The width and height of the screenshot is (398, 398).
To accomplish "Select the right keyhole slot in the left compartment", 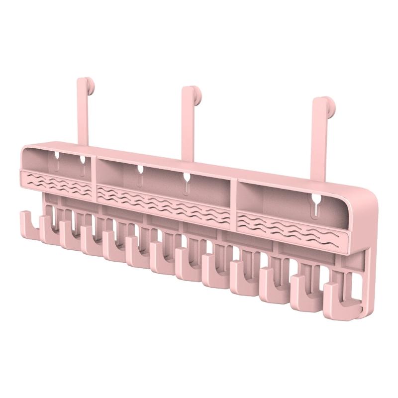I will tap(82, 165).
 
